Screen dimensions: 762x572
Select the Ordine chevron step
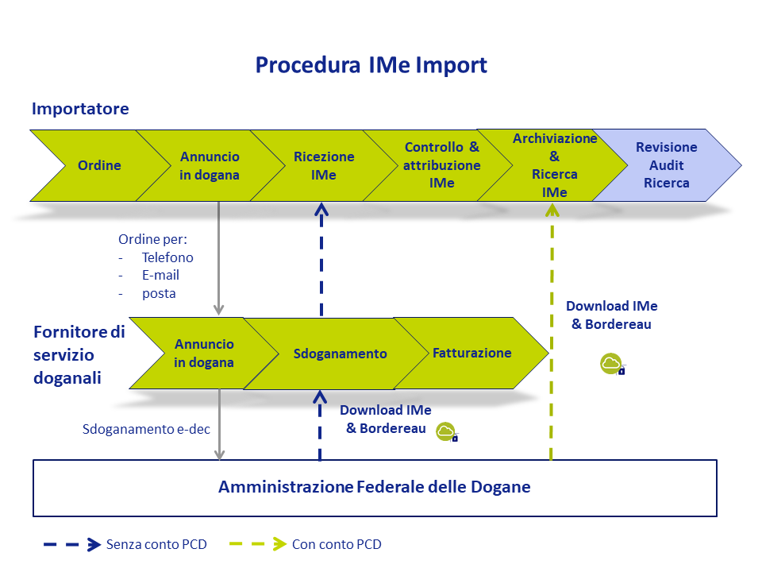click(100, 165)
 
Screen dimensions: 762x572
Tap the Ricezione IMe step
click(324, 165)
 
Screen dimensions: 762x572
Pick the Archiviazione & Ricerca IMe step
click(555, 165)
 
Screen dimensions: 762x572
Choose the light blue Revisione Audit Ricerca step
click(666, 165)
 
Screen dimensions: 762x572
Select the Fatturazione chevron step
click(471, 353)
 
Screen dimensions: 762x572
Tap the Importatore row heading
click(80, 109)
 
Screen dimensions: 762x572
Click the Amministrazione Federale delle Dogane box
click(375, 488)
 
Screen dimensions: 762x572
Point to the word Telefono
click(167, 257)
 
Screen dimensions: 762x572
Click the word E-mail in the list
click(160, 276)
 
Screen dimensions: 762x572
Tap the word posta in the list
click(159, 294)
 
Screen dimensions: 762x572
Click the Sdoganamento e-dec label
click(146, 429)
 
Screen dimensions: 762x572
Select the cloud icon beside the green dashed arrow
click(612, 364)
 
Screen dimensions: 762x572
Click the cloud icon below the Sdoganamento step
click(447, 432)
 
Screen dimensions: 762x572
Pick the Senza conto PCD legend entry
click(125, 544)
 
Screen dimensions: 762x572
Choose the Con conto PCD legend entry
click(306, 544)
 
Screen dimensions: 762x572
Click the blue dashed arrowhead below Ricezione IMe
click(321, 210)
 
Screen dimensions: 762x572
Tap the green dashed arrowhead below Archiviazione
click(552, 210)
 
